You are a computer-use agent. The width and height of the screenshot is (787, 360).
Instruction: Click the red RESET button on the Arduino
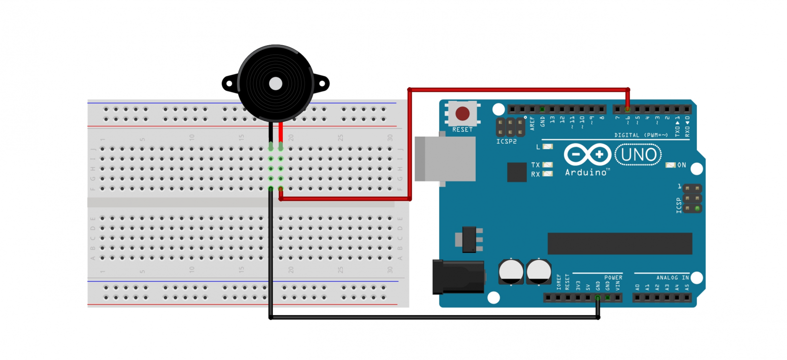tap(462, 114)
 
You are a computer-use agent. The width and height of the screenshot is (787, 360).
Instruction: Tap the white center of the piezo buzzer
tap(275, 84)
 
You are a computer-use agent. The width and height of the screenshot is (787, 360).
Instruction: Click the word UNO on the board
tap(638, 155)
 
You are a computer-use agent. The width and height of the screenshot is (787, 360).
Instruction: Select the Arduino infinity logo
tap(587, 154)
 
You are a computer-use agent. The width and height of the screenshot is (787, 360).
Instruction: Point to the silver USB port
tap(445, 159)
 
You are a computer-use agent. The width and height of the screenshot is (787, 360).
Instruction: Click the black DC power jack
tap(457, 277)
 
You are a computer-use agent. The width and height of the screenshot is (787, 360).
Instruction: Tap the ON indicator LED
tap(670, 165)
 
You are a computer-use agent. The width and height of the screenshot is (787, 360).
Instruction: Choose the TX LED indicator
tap(547, 165)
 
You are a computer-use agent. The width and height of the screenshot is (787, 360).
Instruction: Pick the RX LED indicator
tap(547, 174)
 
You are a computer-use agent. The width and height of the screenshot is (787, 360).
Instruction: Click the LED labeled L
tap(547, 147)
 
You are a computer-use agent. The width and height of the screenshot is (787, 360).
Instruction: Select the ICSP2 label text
tap(506, 142)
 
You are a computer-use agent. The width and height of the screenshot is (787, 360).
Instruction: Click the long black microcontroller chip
tap(620, 243)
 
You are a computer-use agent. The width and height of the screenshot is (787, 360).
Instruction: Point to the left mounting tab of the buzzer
tap(229, 84)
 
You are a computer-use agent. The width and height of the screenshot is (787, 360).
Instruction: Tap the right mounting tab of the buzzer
tap(322, 84)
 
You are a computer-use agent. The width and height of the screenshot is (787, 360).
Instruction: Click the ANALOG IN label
tap(672, 278)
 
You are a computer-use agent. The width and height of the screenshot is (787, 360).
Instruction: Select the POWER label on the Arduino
tap(613, 278)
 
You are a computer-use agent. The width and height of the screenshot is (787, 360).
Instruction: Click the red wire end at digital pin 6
tap(627, 109)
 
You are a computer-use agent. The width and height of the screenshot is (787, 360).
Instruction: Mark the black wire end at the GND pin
tap(598, 298)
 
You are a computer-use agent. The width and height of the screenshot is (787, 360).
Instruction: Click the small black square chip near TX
tap(516, 172)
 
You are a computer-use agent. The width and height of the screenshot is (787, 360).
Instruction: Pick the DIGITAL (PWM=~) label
tap(641, 135)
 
